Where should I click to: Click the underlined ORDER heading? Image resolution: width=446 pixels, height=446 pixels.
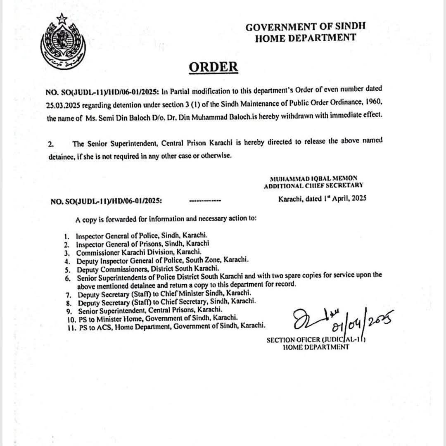[213, 67]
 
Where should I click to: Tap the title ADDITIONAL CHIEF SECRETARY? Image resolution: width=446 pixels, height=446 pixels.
[313, 186]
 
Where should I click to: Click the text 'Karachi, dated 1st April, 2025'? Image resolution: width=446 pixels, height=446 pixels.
[323, 199]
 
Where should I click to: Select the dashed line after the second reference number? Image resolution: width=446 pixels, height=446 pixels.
[205, 201]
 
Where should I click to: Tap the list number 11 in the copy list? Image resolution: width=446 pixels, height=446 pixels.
[69, 326]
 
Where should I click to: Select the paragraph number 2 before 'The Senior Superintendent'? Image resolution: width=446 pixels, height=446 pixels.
[51, 144]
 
